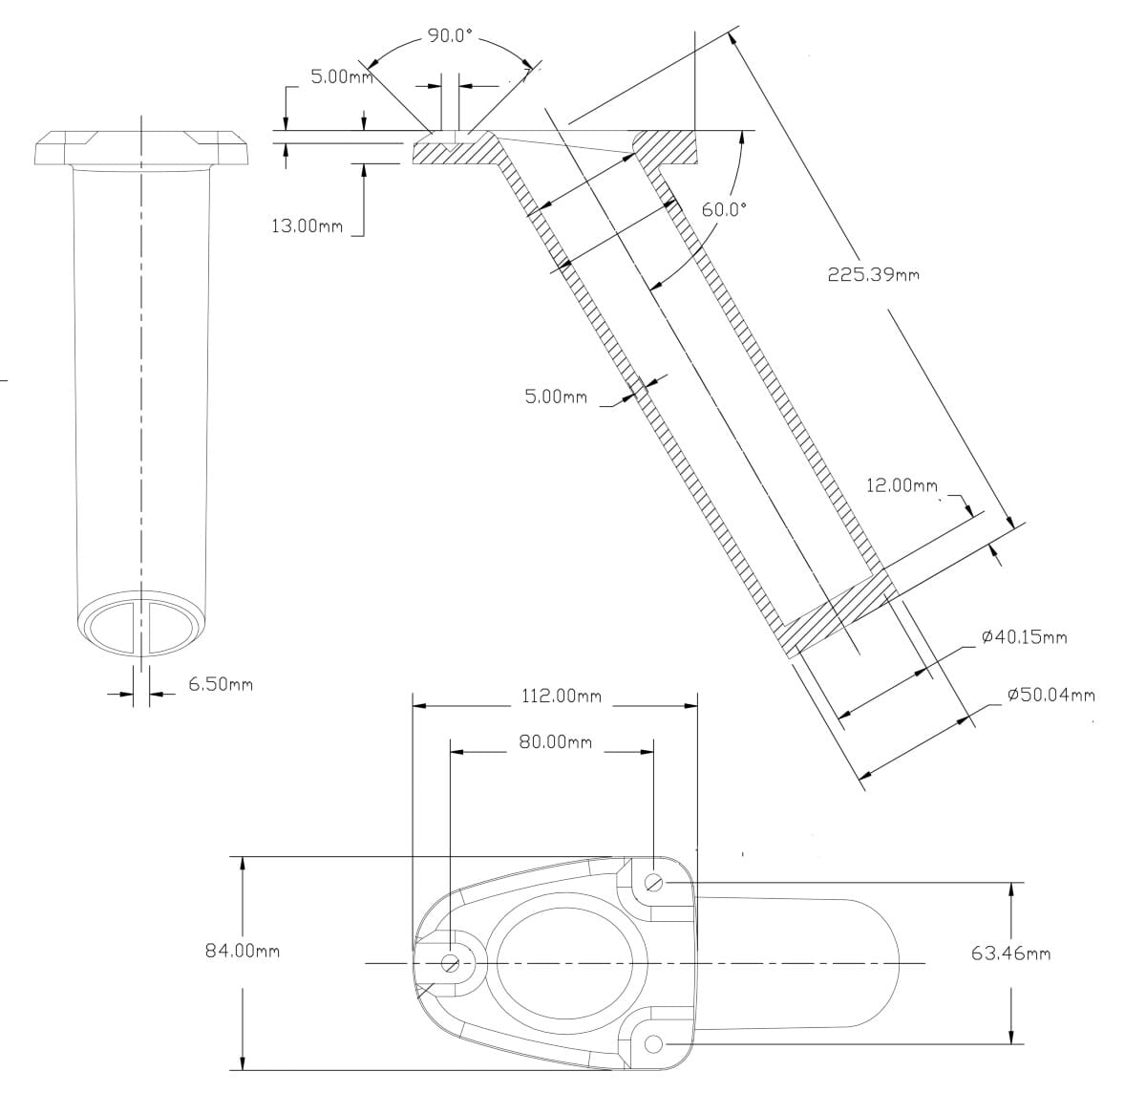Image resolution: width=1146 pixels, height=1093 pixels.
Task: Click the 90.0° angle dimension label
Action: (450, 35)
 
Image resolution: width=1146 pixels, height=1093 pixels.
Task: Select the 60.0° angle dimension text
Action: (723, 209)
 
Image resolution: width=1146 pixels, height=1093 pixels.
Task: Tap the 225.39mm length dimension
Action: (873, 274)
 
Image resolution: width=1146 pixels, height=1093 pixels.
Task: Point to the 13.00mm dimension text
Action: (308, 225)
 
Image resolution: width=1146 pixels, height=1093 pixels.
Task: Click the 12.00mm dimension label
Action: (902, 485)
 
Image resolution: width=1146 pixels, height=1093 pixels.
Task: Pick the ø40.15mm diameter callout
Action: (1024, 637)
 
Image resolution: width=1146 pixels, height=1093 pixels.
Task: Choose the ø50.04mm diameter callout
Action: (1051, 696)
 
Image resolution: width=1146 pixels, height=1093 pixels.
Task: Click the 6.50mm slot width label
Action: (221, 684)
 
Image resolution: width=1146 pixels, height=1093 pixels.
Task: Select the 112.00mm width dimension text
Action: (562, 696)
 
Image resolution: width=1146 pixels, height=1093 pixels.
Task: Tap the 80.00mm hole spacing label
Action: (556, 742)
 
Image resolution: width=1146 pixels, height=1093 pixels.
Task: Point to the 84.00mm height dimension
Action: (243, 952)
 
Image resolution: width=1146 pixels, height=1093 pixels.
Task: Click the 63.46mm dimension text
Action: (1010, 954)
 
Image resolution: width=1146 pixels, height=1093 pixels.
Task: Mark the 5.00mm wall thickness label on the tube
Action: (556, 396)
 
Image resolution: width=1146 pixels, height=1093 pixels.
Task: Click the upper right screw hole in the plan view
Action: (653, 884)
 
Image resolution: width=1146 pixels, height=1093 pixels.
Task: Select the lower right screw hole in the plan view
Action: (653, 1044)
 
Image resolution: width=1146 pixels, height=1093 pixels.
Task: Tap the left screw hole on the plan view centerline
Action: (450, 963)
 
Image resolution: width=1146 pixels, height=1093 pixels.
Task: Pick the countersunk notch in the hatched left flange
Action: (450, 141)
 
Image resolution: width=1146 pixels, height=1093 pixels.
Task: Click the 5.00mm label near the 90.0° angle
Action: (342, 76)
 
